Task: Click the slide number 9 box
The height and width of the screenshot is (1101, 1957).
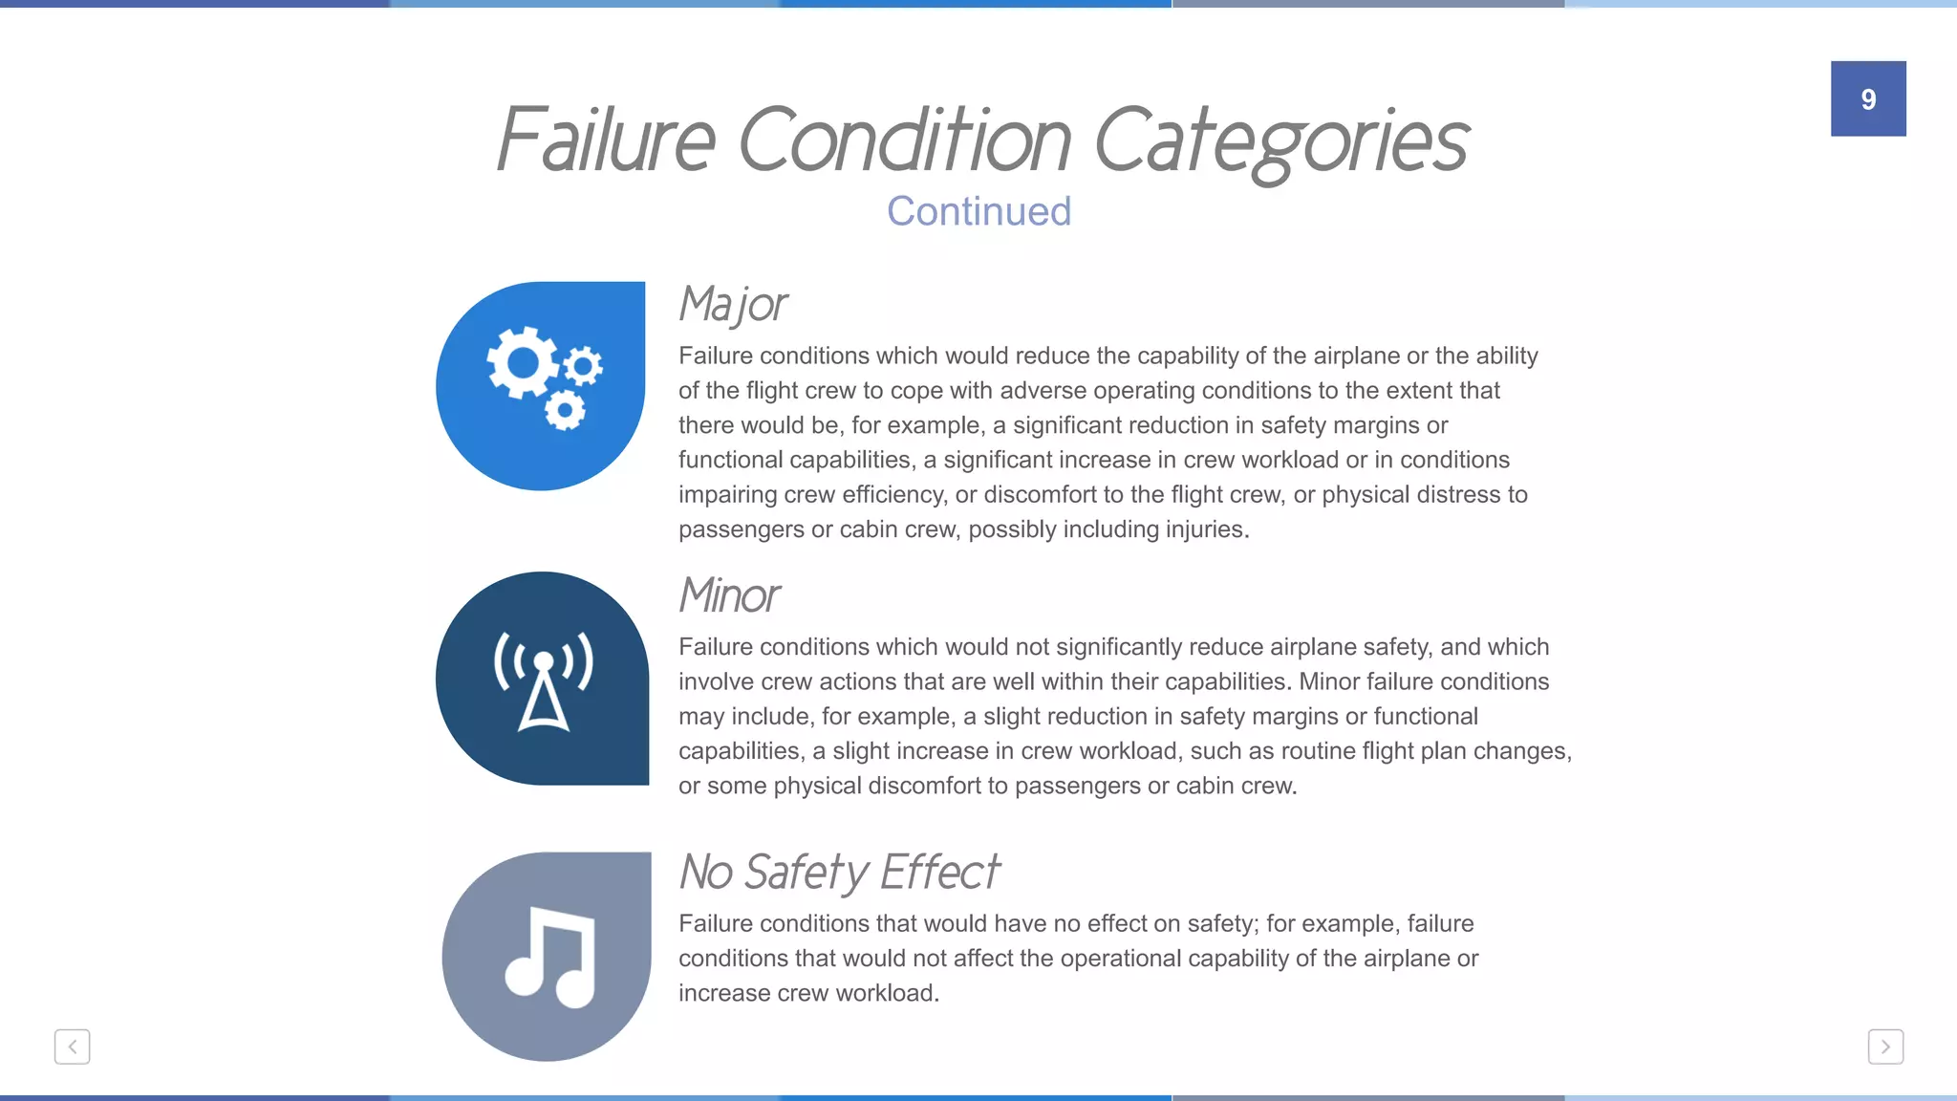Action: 1867,98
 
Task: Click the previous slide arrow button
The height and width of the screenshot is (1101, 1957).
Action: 73,1047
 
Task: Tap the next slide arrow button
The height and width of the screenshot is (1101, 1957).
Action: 1884,1047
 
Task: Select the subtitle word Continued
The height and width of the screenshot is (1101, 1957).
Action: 978,211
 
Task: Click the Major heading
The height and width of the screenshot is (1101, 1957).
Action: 733,305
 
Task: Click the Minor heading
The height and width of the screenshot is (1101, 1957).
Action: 729,595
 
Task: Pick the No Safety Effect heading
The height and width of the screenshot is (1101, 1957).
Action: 839,872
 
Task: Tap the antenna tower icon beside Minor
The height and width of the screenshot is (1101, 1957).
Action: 543,680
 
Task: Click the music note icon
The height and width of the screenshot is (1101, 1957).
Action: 550,957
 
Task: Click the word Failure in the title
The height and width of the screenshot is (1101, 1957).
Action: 606,140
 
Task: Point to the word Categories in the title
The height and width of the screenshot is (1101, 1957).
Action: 1280,140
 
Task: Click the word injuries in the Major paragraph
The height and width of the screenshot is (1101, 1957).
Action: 1206,529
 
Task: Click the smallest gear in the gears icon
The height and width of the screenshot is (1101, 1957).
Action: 583,366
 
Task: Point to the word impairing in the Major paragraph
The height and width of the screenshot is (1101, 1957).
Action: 727,495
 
